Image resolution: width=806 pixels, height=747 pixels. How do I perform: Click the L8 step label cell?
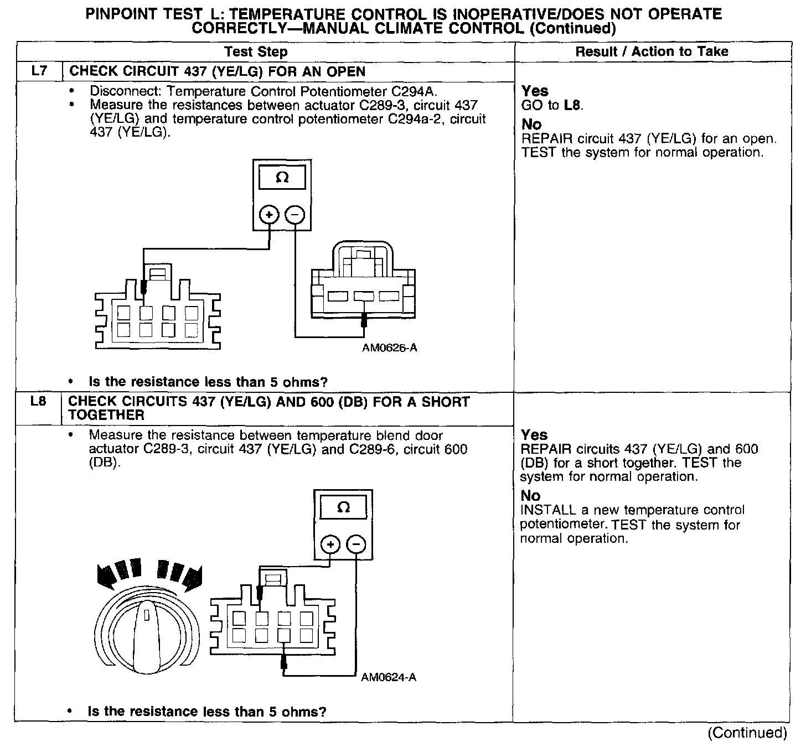(38, 402)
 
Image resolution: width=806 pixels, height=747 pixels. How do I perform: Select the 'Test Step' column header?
(256, 52)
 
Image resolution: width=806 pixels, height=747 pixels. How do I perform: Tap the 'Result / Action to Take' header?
(652, 51)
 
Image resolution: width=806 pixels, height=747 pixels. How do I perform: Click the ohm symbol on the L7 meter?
(282, 178)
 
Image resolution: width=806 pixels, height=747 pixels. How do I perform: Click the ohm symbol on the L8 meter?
(343, 507)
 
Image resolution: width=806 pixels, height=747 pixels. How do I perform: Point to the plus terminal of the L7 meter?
(270, 215)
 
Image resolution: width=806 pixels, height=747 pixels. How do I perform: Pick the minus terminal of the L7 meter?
(296, 215)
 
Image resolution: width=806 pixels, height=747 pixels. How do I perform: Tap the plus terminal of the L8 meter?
(330, 545)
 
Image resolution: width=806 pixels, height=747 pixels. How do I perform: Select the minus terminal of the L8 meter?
(356, 545)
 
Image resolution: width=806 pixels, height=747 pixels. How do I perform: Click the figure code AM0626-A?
(390, 348)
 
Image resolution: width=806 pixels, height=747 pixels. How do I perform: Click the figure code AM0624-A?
(389, 677)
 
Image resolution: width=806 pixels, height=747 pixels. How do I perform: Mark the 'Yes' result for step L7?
(535, 91)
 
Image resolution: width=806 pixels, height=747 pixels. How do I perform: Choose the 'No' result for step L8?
(530, 496)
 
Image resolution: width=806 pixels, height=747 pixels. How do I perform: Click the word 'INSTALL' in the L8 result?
(544, 510)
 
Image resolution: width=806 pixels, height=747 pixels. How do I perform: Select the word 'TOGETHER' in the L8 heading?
(106, 415)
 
